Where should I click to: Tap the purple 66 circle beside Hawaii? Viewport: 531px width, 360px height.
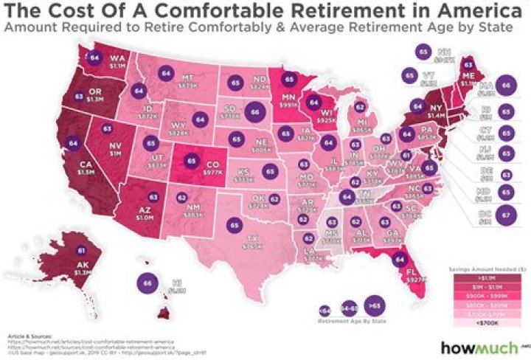(149, 283)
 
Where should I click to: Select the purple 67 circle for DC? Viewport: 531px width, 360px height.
(505, 215)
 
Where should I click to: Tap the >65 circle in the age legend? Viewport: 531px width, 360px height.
(375, 305)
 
